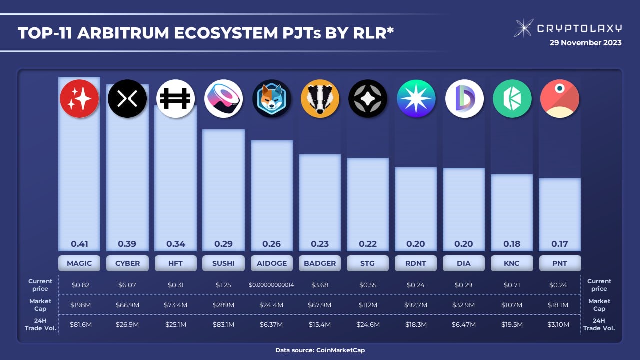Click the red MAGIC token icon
point(79,99)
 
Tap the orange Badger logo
point(320,99)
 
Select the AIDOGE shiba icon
point(272,99)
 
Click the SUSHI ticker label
point(223,263)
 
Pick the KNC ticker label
point(512,263)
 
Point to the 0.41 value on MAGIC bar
point(79,244)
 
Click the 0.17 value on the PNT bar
point(560,244)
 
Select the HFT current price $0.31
point(175,285)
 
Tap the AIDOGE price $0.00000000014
point(272,285)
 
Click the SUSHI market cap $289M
point(223,305)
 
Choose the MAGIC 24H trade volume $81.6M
point(79,324)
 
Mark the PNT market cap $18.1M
point(560,305)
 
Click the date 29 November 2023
point(585,43)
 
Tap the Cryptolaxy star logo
point(523,28)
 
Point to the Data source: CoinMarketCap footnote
point(320,350)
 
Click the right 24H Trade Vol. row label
point(599,324)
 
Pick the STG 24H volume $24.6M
point(368,324)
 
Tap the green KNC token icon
point(512,99)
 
